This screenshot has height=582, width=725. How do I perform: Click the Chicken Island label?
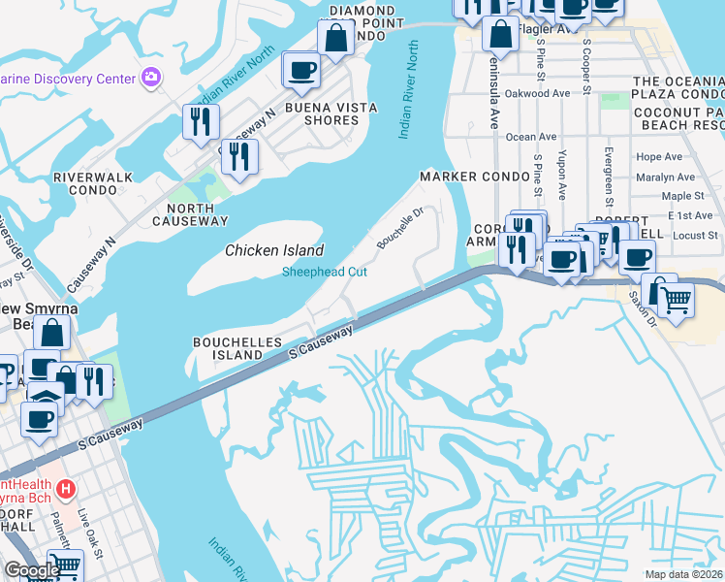(x=274, y=250)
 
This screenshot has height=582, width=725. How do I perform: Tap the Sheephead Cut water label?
(x=324, y=273)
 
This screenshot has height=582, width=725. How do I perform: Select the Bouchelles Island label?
(x=237, y=348)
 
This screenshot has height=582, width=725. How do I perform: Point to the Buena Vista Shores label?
(x=322, y=113)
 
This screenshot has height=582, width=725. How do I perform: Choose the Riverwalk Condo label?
(x=85, y=184)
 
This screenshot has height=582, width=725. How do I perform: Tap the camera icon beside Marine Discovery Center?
(x=150, y=77)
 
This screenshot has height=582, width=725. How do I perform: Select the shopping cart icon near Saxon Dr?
(x=677, y=301)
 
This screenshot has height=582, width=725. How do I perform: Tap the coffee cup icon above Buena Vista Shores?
(x=300, y=70)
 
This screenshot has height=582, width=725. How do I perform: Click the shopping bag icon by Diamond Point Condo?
(x=335, y=40)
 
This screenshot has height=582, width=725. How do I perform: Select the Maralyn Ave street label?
(x=666, y=178)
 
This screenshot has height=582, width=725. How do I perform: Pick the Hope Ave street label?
(x=660, y=156)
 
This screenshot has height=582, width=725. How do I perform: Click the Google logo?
(x=32, y=569)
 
